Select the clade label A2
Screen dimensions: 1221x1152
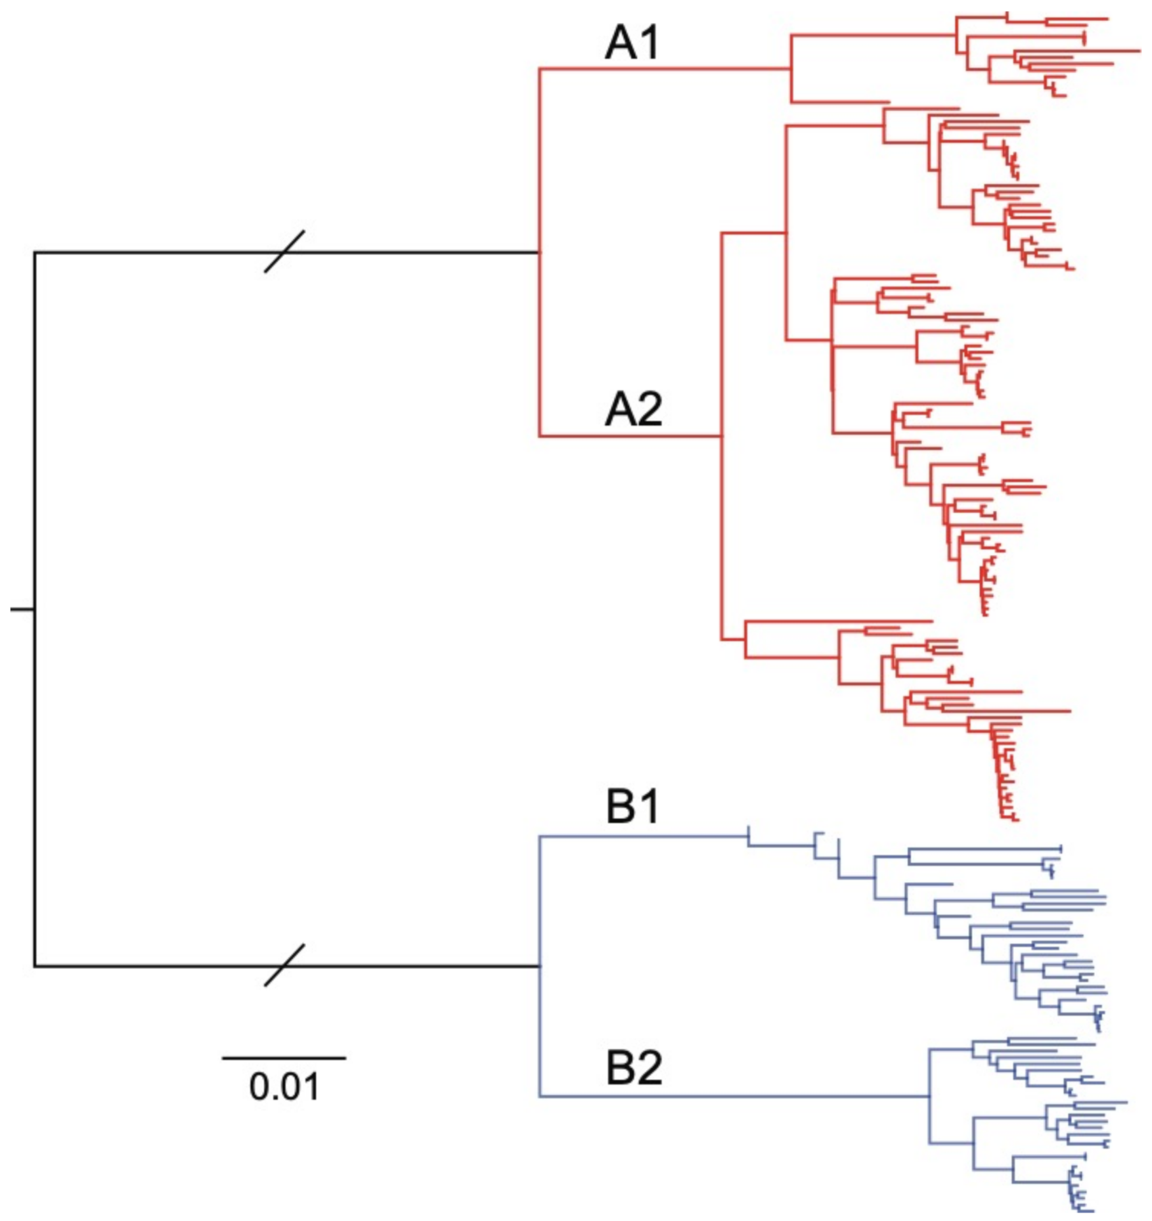(633, 409)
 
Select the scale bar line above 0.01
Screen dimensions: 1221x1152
(284, 1058)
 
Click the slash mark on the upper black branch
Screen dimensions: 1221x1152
(284, 252)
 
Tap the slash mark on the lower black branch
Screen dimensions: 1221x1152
(284, 965)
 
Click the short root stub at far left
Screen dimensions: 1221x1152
(22, 610)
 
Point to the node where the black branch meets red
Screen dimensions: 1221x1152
(540, 252)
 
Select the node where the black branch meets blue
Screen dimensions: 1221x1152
(540, 966)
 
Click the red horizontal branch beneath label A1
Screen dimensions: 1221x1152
(663, 68)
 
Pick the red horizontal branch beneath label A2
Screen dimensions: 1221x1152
(631, 437)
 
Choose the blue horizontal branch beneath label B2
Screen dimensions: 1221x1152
(733, 1097)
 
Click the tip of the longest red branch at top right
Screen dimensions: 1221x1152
(1139, 50)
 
